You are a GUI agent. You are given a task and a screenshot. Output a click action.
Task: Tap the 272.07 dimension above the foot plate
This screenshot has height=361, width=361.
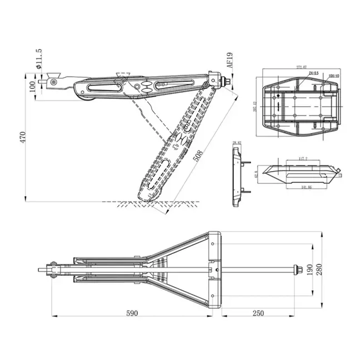302,68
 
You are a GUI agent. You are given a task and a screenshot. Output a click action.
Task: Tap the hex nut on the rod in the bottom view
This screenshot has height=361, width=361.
300,270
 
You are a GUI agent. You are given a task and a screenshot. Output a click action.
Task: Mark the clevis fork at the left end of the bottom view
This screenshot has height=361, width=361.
52,270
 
